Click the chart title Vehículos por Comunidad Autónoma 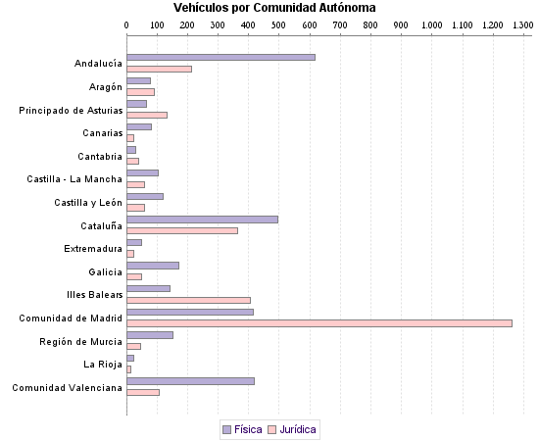coord(274,8)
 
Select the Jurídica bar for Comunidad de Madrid coord(318,322)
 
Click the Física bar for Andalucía coord(220,57)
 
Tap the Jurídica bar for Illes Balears coord(188,300)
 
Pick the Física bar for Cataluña coord(202,219)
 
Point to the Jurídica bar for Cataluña coord(182,230)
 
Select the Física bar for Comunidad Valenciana coord(190,381)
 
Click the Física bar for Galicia coord(153,266)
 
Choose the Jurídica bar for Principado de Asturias coord(147,115)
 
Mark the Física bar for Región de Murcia coord(150,335)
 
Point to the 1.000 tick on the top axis coord(430,24)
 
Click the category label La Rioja coord(104,365)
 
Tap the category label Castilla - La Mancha coord(74,178)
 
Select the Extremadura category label coord(93,249)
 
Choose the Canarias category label coord(102,132)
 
